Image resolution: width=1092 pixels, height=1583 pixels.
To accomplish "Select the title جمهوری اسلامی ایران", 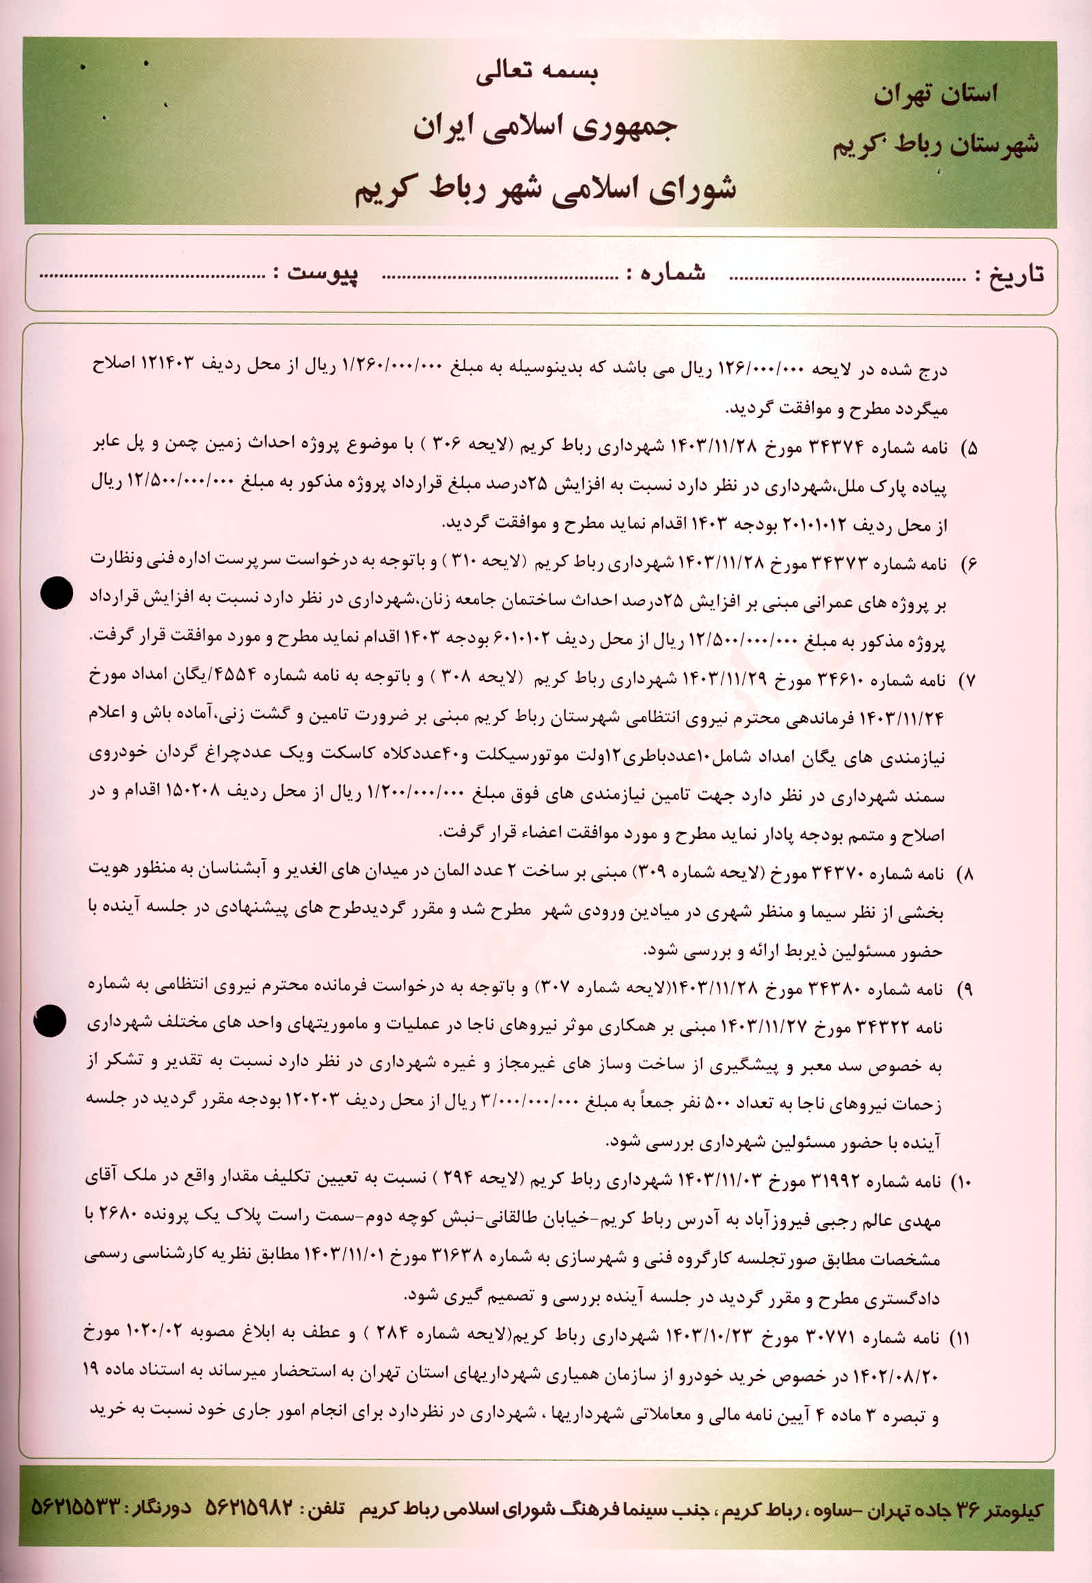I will pyautogui.click(x=545, y=128).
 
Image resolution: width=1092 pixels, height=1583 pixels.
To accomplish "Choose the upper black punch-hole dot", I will pyautogui.click(x=56, y=592).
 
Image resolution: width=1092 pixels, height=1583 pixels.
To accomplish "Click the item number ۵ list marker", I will pyautogui.click(x=970, y=450).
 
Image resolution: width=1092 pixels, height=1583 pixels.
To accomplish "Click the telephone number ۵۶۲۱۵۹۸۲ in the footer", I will pyautogui.click(x=249, y=1508).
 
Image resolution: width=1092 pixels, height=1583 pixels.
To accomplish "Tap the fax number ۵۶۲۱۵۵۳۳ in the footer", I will pyautogui.click(x=76, y=1508).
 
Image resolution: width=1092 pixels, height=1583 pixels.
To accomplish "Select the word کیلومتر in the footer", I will pyautogui.click(x=1009, y=1509).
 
